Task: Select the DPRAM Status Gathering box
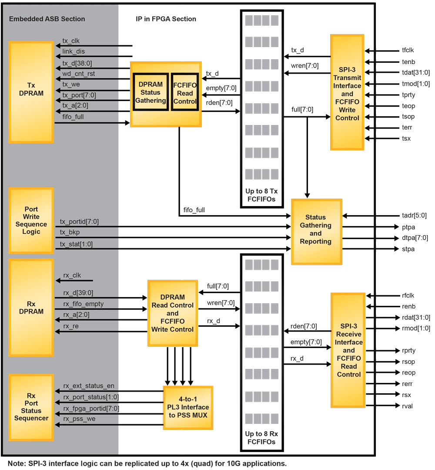point(151,92)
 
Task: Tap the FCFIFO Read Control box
point(185,92)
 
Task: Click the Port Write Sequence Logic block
point(31,220)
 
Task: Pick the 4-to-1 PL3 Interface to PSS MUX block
point(188,407)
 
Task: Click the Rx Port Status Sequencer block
point(31,407)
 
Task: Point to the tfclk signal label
point(408,51)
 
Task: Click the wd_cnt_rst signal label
point(78,74)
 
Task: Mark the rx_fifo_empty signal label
point(84,304)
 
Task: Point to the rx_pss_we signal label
point(79,419)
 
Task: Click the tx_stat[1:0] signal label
point(76,244)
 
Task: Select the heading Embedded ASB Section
point(47,19)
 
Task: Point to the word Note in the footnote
point(16,463)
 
